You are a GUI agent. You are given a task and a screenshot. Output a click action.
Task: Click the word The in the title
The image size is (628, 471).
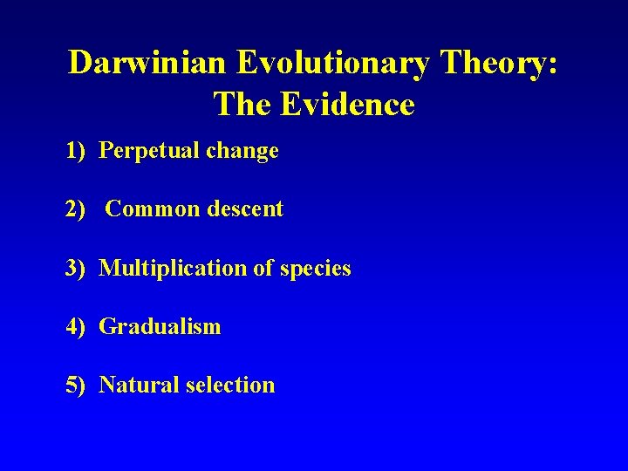coord(246,105)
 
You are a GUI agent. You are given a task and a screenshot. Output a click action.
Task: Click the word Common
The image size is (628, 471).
coord(147,209)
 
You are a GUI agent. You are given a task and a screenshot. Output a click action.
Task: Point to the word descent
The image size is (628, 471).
coord(241,209)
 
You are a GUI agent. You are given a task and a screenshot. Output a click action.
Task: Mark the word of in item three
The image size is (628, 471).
coord(263,269)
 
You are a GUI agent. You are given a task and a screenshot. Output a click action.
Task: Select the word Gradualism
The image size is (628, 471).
coord(160,327)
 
